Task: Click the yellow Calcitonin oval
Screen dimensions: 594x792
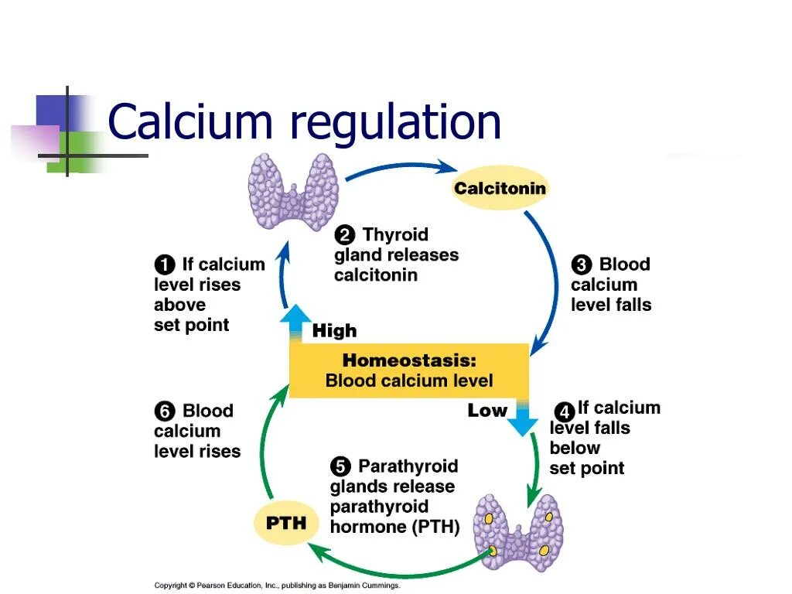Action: (x=500, y=188)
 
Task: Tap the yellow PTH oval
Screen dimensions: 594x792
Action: (x=286, y=523)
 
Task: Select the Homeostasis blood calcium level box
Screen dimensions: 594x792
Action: (x=409, y=370)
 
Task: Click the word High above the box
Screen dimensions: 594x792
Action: (x=334, y=331)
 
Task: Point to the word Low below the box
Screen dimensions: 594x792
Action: (x=487, y=411)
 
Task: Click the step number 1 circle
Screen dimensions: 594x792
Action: (x=165, y=265)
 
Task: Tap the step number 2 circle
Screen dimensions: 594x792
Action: (x=345, y=235)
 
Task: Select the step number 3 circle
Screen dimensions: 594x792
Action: (x=582, y=265)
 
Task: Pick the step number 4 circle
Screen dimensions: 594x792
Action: (x=565, y=411)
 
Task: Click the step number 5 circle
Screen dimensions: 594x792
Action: (x=340, y=466)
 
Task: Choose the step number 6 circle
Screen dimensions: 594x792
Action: (x=165, y=411)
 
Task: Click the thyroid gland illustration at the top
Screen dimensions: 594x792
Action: (x=293, y=193)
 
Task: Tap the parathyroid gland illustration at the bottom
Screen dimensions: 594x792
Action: (x=519, y=532)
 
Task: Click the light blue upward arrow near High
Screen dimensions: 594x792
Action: (x=294, y=323)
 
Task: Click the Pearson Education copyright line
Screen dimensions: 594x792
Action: (x=278, y=585)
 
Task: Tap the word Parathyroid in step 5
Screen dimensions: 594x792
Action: (x=408, y=466)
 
